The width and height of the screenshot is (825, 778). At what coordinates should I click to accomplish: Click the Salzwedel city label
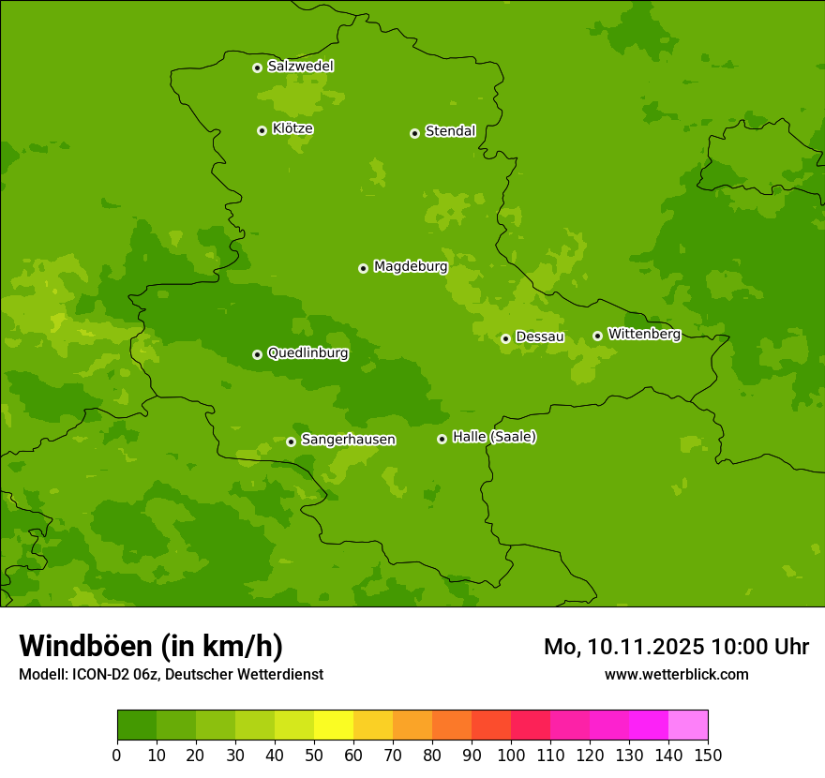300,67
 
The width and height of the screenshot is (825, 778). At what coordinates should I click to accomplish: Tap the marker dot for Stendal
414,133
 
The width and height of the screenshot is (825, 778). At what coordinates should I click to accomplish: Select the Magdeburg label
410,267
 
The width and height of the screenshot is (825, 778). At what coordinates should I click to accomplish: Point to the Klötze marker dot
262,130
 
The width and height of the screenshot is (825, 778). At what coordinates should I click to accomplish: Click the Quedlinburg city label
307,353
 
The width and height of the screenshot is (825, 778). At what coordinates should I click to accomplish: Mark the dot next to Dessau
505,338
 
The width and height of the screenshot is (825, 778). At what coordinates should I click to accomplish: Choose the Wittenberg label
643,335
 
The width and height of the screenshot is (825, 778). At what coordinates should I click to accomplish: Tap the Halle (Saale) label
494,437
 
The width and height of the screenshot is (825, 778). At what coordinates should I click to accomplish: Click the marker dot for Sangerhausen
291,441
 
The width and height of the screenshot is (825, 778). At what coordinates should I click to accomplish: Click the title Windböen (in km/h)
150,646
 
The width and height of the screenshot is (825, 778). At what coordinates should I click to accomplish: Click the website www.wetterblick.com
676,674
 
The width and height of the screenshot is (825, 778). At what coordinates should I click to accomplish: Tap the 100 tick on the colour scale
511,755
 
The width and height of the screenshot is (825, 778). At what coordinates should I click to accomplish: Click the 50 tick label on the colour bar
314,755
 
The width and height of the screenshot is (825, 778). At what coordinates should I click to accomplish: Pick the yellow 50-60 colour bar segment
334,725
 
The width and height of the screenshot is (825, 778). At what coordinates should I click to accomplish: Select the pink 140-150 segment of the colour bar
688,725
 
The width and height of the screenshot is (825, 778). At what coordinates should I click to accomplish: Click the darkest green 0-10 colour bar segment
137,725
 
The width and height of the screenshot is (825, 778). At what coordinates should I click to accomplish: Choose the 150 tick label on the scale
708,755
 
